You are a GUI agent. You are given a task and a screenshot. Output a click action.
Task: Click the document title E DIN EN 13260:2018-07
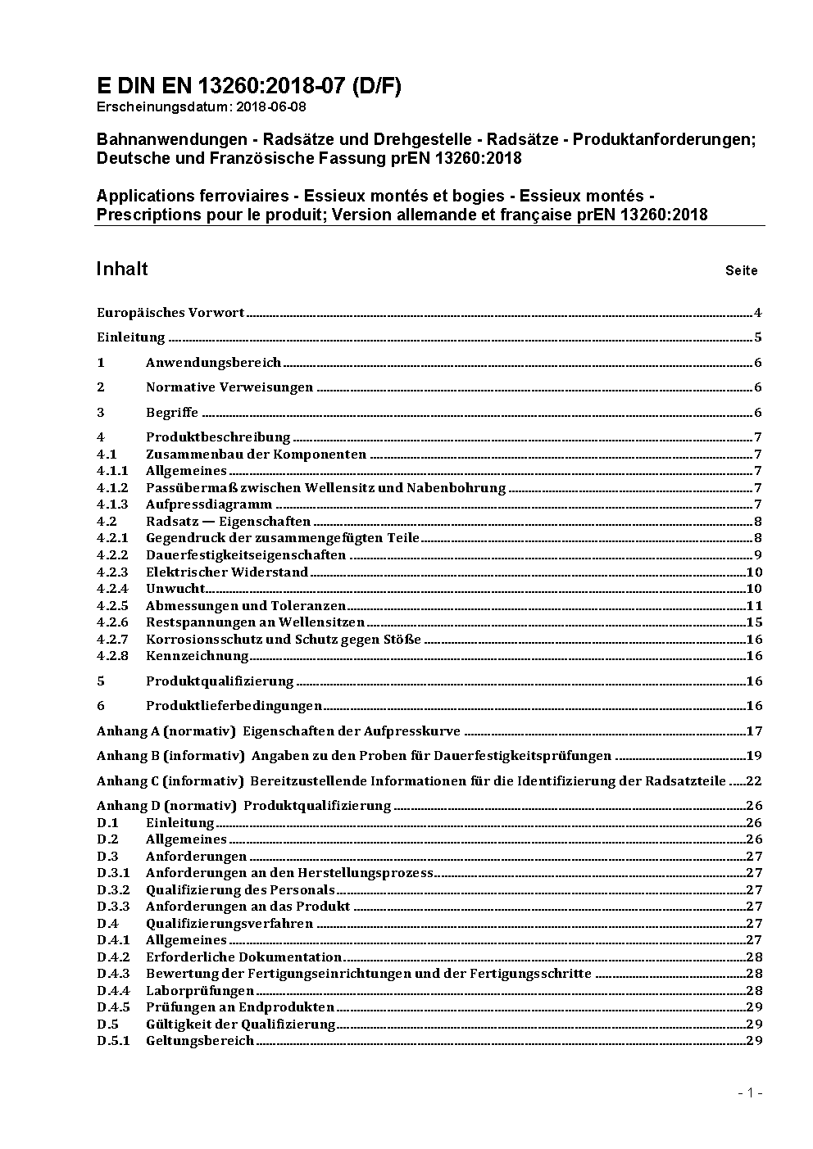(x=248, y=86)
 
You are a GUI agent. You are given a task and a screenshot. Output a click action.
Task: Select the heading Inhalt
(x=122, y=269)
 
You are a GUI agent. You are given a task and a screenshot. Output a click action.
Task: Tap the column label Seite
(x=741, y=271)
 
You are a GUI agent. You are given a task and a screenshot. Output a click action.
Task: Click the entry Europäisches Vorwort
(x=170, y=313)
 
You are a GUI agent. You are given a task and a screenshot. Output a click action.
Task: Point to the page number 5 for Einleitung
(x=758, y=337)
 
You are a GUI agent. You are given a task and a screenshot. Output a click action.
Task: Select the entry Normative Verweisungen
(x=229, y=387)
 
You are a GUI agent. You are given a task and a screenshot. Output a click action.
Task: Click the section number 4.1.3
(x=112, y=504)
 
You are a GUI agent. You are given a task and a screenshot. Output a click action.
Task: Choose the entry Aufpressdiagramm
(x=208, y=504)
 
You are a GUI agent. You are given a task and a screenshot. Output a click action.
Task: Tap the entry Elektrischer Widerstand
(x=226, y=572)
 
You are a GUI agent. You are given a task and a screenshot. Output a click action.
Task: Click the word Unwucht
(x=175, y=589)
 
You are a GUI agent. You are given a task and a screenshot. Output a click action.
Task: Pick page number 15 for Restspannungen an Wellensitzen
(x=754, y=622)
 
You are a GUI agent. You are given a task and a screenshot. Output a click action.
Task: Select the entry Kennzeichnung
(x=197, y=656)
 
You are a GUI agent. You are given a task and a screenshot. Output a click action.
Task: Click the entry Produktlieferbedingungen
(x=234, y=706)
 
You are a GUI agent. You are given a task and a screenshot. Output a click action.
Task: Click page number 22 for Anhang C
(x=754, y=781)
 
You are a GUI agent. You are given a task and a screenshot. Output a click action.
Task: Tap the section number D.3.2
(x=113, y=890)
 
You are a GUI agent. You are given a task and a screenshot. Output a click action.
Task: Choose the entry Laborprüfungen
(x=199, y=991)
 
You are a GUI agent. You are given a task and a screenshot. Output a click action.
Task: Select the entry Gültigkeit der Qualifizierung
(x=240, y=1025)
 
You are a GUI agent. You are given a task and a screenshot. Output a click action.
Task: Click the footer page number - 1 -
(x=750, y=1092)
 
